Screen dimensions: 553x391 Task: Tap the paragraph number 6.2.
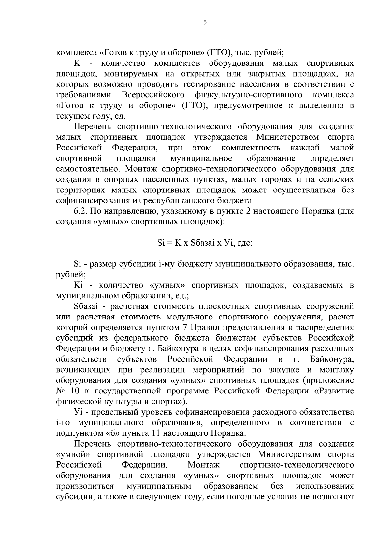click(80, 211)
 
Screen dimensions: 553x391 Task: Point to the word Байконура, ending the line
click(332, 359)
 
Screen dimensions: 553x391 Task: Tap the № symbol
click(61, 390)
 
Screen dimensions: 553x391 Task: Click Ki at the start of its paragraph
click(79, 285)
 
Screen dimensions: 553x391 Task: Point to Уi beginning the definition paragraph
click(79, 412)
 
